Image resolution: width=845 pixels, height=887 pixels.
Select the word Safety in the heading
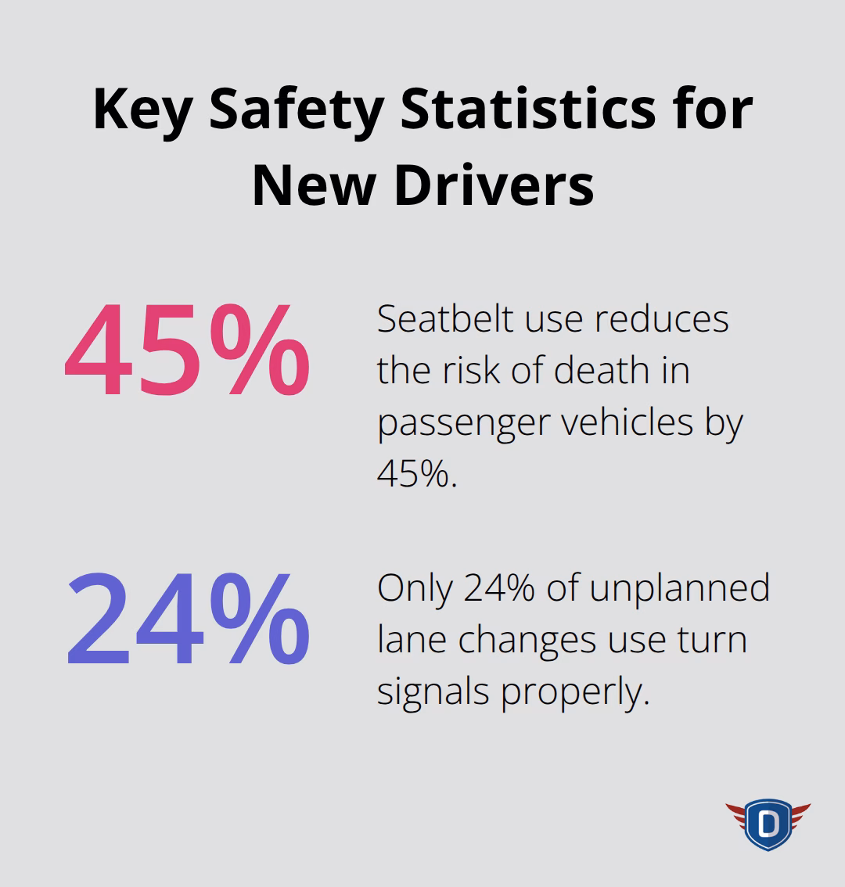(296, 110)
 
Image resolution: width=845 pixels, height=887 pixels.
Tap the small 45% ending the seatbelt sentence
(416, 473)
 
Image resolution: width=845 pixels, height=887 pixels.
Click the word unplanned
(680, 588)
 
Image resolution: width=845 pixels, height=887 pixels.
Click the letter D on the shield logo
(768, 824)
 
